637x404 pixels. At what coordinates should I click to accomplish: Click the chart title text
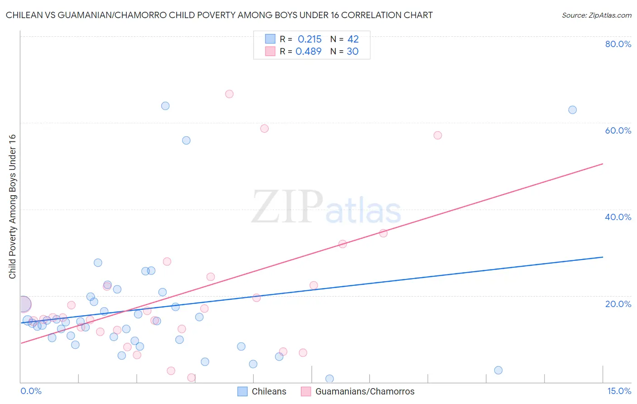coord(219,15)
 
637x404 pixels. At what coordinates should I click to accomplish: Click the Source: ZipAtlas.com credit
coord(596,15)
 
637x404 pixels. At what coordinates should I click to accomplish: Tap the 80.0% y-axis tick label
coord(618,44)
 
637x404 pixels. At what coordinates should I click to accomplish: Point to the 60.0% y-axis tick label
coord(618,130)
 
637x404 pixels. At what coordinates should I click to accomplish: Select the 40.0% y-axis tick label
coord(618,217)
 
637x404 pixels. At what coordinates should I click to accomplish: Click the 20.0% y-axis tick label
coord(618,303)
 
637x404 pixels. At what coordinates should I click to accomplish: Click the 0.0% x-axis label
coord(31,391)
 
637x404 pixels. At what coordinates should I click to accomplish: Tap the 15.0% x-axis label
coord(619,391)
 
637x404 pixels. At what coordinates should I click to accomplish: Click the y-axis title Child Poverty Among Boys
coord(12,207)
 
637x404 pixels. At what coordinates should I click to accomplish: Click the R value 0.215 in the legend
coord(309,39)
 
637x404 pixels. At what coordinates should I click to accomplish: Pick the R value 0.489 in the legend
coord(309,52)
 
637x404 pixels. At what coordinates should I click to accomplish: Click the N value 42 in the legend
coord(353,39)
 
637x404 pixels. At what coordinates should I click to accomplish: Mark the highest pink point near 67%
coord(229,94)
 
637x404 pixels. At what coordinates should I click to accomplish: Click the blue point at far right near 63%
coord(572,110)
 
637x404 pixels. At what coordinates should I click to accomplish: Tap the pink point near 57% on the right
coord(438,135)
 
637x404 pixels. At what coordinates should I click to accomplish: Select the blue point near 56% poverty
coord(186,140)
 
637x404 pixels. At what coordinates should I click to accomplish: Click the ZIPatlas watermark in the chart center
coord(326,207)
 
